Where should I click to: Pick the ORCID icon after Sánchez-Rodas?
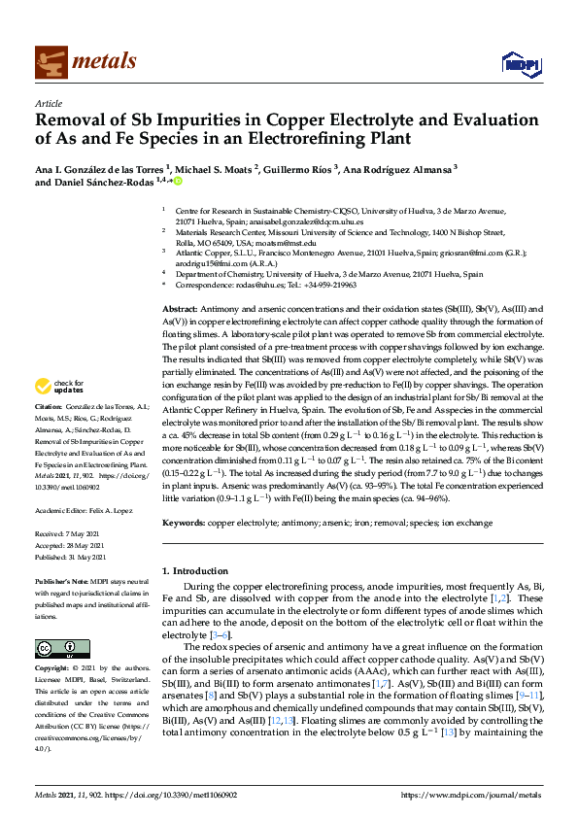pyautogui.click(x=179, y=182)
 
